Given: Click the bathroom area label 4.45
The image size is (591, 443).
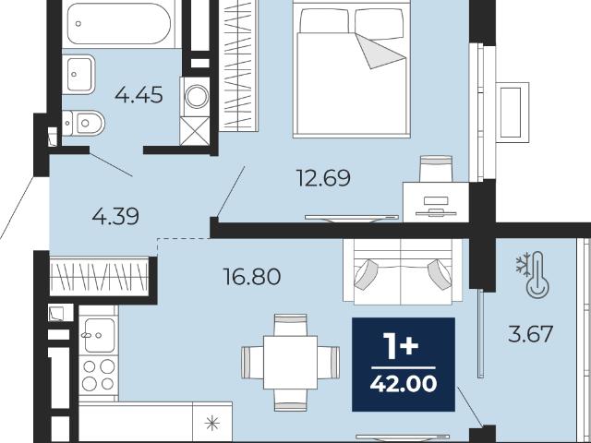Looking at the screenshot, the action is pos(139,94).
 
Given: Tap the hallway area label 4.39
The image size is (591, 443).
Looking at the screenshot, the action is pos(115,217).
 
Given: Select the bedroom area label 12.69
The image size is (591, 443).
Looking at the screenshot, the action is pos(323,178).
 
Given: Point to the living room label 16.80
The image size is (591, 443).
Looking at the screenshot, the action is pos(251,277).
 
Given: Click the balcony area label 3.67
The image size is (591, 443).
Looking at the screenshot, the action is pos(530,334).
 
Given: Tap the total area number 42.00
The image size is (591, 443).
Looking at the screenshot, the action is pos(404,384).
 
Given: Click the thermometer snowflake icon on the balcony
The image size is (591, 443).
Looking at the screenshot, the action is pos(532,275).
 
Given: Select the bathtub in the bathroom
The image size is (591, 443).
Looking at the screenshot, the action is pos(119,24).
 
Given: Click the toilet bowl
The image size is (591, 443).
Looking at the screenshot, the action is pos(83,123).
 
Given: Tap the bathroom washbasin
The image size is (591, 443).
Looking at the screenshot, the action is pos(78,74).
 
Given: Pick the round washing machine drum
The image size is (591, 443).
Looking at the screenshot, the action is pos(197,96).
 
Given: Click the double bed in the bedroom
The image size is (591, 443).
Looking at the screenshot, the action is pos(351,69).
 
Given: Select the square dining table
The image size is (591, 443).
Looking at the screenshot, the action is pos(290,363).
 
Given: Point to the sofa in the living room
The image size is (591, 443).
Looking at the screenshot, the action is pos(403,271).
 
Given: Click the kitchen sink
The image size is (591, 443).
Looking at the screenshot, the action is pos(99,335).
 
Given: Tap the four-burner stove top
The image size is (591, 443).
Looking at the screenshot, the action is pos(99,376).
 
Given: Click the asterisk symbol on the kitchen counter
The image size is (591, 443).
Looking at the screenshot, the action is pos(211,424).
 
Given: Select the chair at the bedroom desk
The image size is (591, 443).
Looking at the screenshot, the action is pos(436,169).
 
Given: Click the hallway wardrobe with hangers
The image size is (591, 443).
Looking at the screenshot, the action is pos(100,277).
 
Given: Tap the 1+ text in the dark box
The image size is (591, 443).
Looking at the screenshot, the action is pos(401,346).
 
